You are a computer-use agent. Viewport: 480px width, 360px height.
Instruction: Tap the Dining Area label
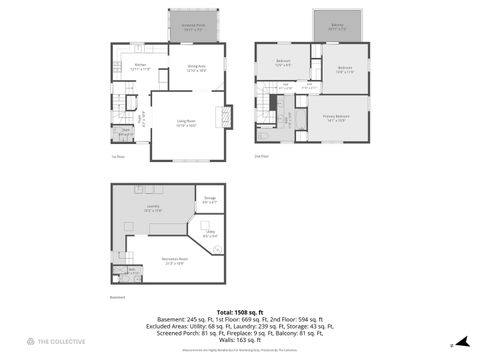[196, 67]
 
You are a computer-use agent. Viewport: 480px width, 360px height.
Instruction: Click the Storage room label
[210, 201]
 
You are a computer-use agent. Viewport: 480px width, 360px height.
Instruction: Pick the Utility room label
[210, 234]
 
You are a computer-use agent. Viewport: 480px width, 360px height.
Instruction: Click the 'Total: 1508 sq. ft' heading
[240, 311]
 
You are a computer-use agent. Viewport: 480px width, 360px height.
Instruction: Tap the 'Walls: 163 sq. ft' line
[240, 338]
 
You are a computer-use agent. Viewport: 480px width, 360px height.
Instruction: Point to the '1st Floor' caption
[117, 156]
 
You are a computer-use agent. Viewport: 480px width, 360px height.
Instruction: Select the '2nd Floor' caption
[262, 156]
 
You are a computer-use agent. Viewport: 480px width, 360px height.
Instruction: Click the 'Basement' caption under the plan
[118, 297]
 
